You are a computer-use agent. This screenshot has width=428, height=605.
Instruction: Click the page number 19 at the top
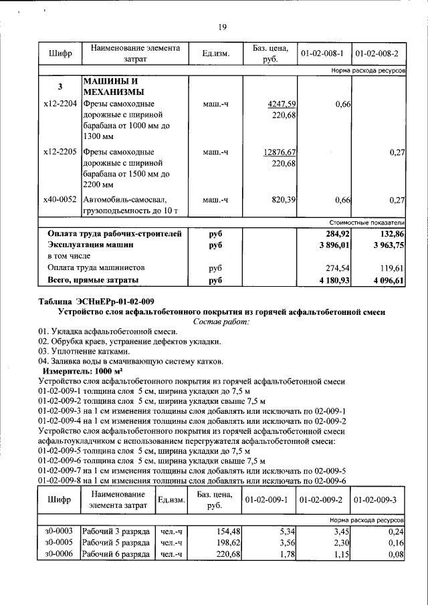click(223, 27)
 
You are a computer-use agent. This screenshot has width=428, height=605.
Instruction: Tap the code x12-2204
click(60, 104)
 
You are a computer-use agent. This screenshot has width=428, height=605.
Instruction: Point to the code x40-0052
click(60, 199)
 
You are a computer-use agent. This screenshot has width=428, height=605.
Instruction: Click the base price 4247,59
click(281, 104)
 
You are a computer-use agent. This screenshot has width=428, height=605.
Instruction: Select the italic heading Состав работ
click(221, 322)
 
